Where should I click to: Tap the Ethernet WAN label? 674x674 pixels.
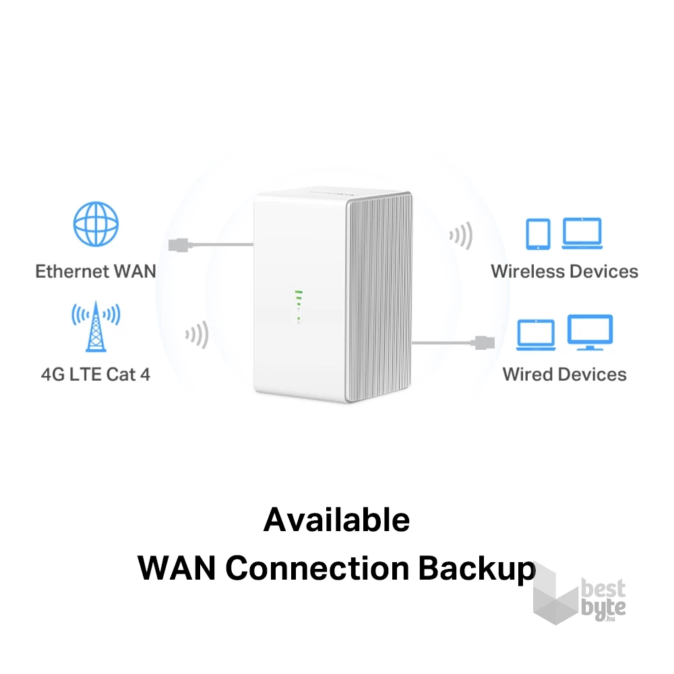coord(96,272)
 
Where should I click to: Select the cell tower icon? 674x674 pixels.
coord(96,327)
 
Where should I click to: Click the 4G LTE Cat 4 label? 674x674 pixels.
coord(96,374)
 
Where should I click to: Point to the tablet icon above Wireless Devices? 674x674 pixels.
coord(538,233)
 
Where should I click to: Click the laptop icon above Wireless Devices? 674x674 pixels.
coord(582,233)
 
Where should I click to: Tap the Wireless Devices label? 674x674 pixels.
coord(564,272)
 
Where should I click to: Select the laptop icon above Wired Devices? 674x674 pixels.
coord(536,334)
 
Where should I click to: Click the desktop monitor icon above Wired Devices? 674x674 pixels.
coord(590,332)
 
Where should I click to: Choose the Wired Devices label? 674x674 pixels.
coord(564,374)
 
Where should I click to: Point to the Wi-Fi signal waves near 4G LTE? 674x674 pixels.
coord(197,335)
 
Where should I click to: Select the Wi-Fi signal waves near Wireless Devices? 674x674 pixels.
coord(461,236)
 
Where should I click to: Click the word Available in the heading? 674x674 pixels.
coord(336,520)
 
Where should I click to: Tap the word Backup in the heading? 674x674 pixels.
coord(477,568)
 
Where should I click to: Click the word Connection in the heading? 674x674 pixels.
coord(317,568)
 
